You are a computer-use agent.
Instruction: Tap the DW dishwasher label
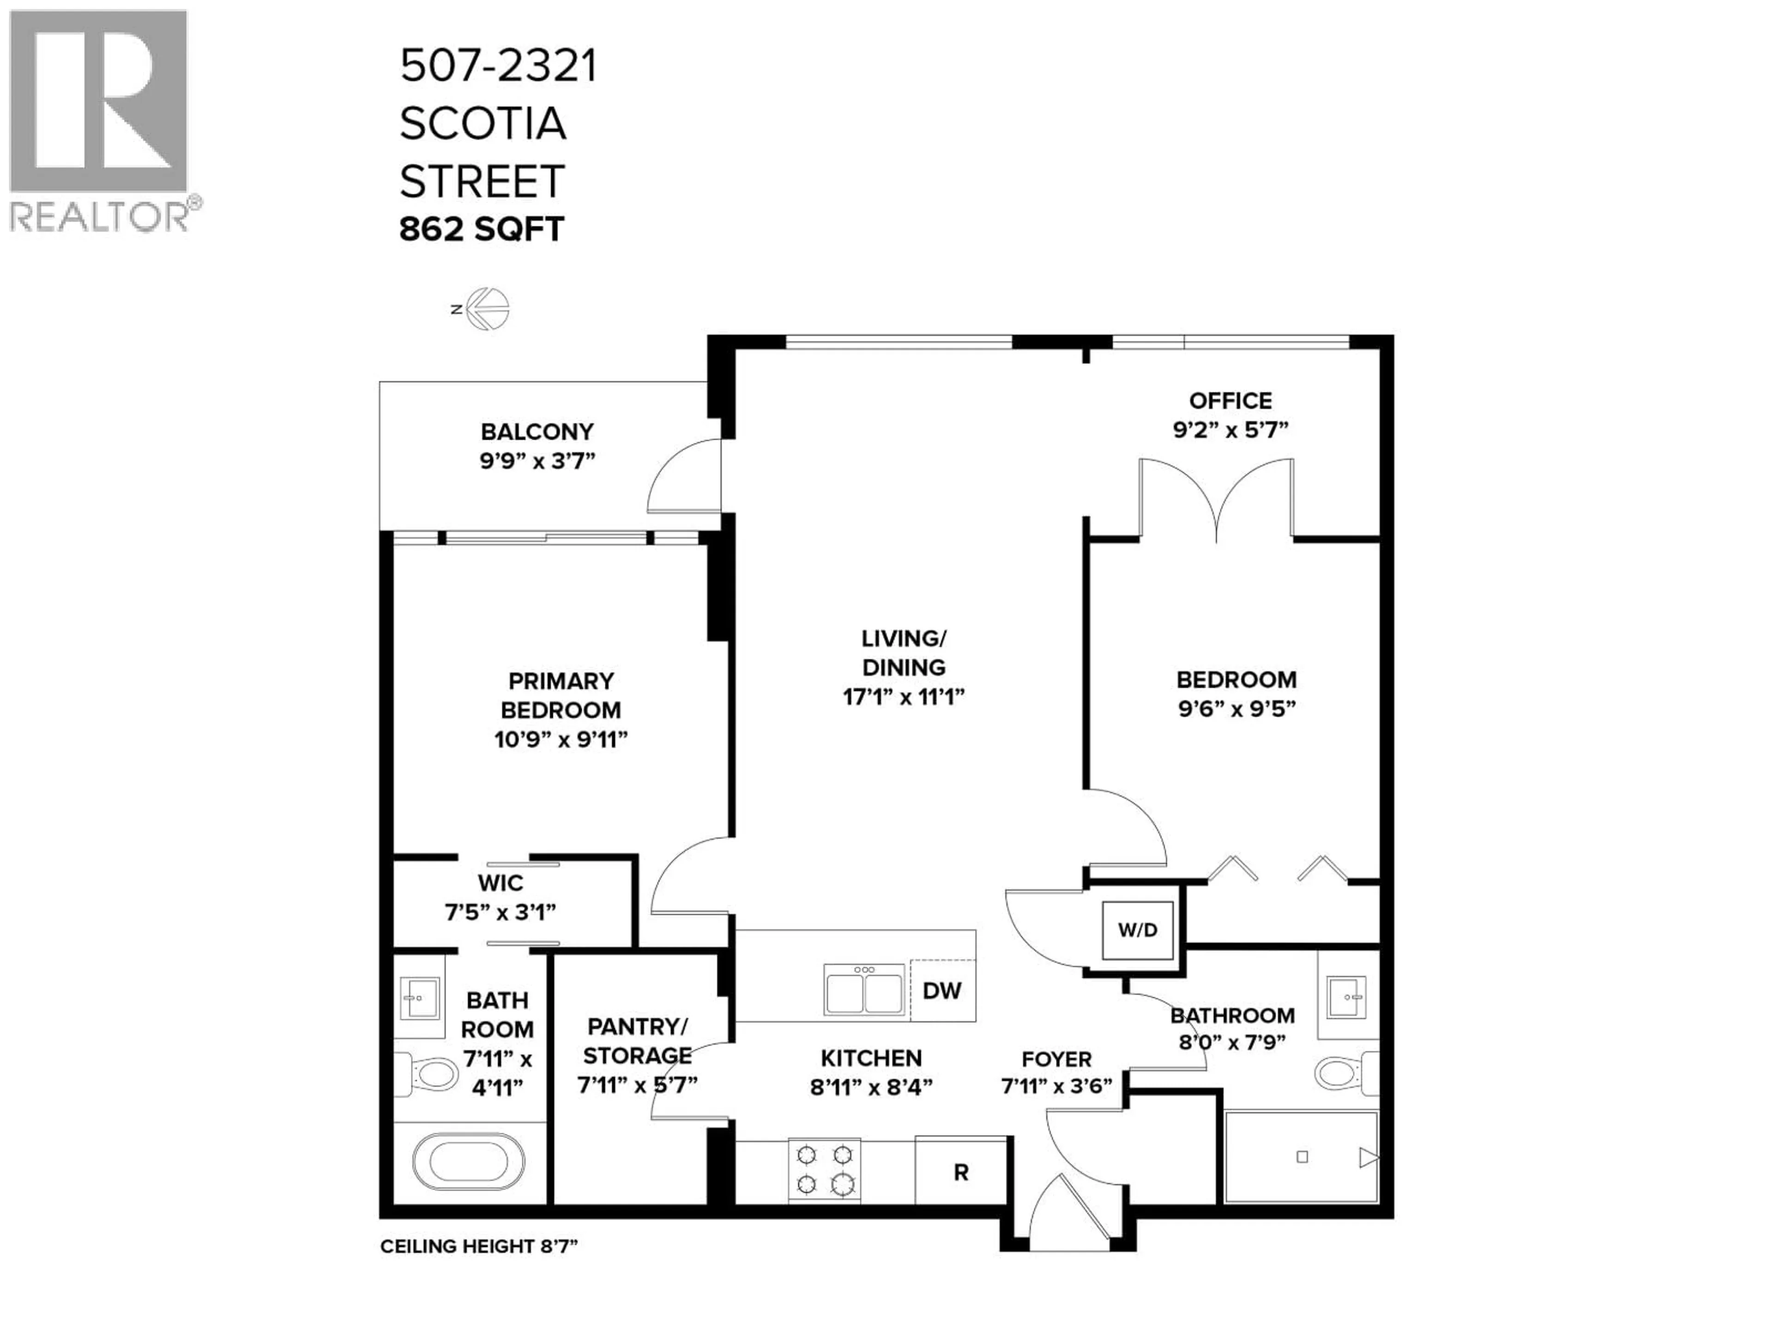pyautogui.click(x=942, y=991)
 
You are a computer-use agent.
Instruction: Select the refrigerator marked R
pyautogui.click(x=960, y=1172)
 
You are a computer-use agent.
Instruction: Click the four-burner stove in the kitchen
pyautogui.click(x=824, y=1170)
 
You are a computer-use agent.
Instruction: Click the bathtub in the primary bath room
pyautogui.click(x=469, y=1161)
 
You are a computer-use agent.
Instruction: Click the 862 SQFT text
pyautogui.click(x=482, y=230)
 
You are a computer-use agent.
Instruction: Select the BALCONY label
pyautogui.click(x=537, y=432)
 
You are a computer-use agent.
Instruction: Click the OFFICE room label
pyautogui.click(x=1230, y=401)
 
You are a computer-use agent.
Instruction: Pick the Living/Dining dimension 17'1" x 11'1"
pyautogui.click(x=903, y=696)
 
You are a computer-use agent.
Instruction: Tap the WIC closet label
pyautogui.click(x=500, y=883)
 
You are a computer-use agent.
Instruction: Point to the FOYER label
pyautogui.click(x=1056, y=1059)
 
